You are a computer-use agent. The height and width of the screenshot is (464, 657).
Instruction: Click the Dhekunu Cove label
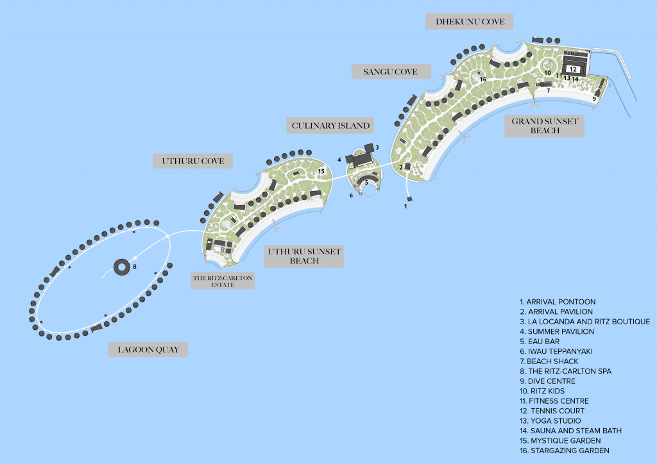click(469, 21)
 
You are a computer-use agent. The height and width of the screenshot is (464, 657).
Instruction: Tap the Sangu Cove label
click(391, 72)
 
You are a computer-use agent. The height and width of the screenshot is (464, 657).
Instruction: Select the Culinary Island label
click(330, 126)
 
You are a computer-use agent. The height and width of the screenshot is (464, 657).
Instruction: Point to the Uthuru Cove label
click(192, 161)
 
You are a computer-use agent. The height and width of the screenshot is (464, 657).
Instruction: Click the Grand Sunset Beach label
click(544, 126)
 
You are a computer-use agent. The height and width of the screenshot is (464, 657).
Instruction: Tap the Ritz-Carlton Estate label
click(223, 281)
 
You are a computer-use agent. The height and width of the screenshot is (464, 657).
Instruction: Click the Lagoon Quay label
click(148, 349)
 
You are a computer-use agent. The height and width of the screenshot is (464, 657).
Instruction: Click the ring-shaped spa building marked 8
click(122, 267)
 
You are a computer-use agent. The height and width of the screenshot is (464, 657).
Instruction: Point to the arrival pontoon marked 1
click(410, 199)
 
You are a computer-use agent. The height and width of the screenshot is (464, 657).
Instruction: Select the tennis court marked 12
click(573, 69)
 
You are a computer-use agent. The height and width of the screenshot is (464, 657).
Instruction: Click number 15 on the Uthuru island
click(321, 171)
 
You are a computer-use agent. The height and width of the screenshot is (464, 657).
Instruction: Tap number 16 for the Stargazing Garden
click(483, 79)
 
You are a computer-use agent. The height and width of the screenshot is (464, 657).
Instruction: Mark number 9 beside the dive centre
click(594, 99)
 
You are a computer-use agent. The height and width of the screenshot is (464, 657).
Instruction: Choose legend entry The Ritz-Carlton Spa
click(565, 371)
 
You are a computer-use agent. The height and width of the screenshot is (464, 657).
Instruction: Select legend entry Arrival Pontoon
click(558, 302)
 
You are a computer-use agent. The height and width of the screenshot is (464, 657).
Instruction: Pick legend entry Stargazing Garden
click(565, 451)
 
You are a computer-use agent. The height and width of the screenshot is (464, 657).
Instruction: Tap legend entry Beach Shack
click(549, 361)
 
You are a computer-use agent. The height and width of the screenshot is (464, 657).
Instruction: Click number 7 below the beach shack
click(548, 90)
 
